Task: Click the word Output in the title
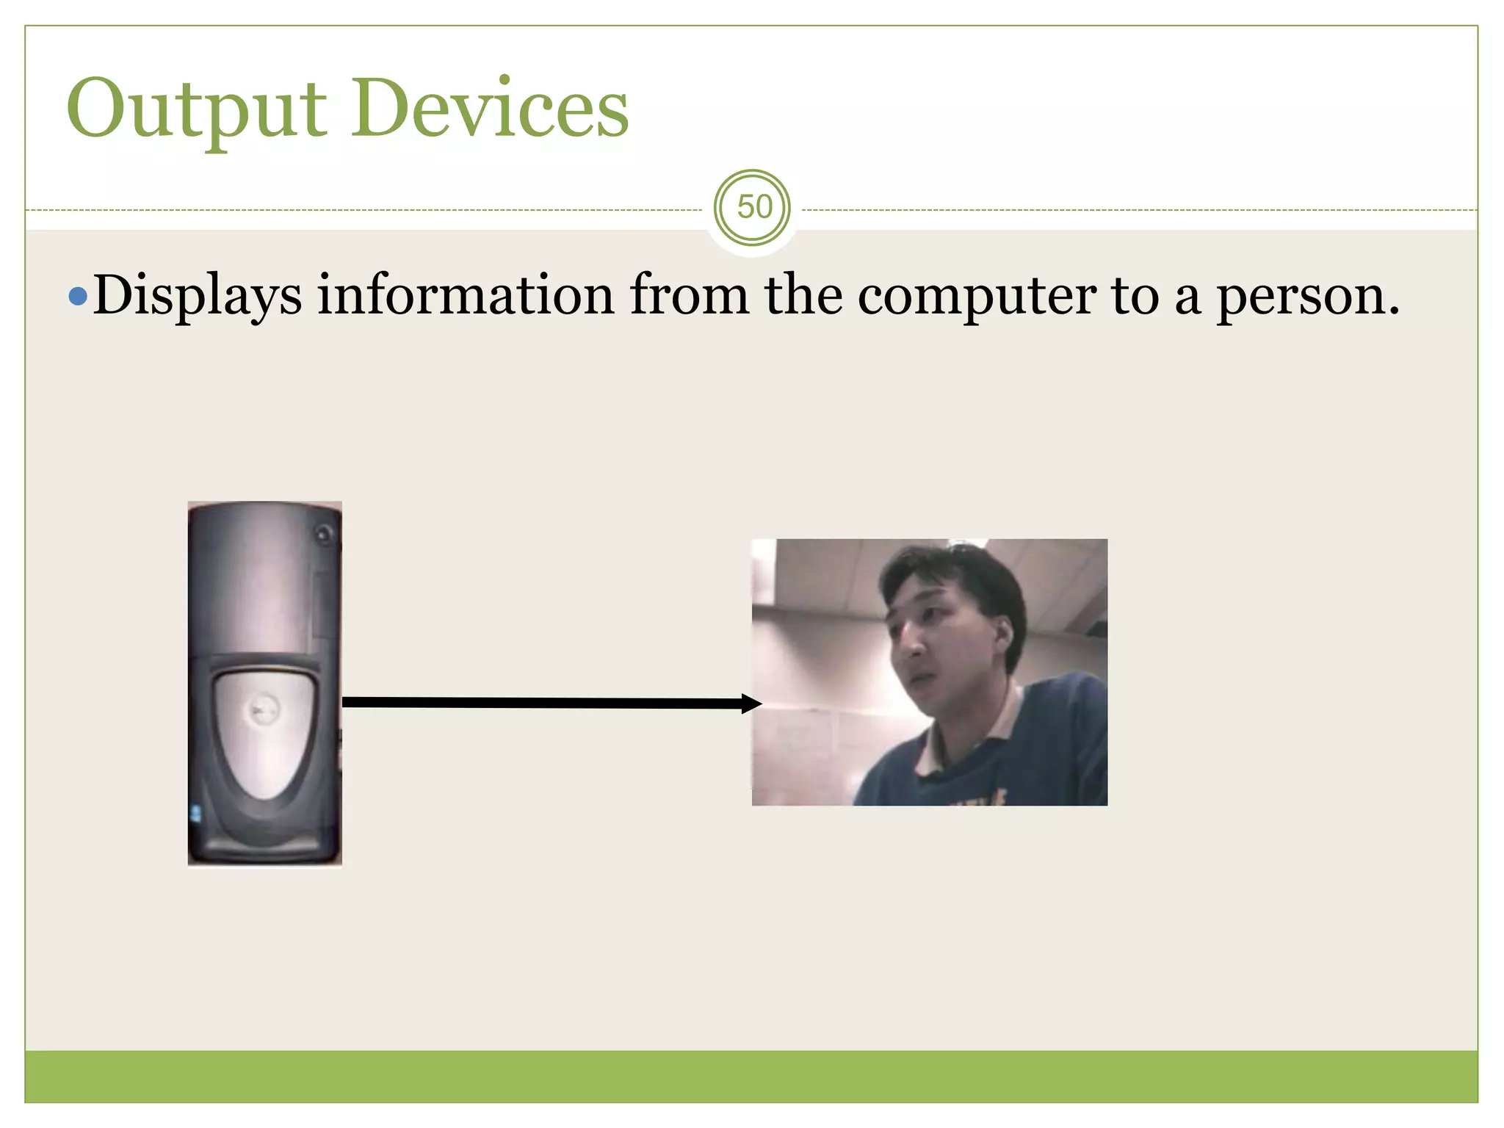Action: tap(196, 110)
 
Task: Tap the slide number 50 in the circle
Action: tap(753, 208)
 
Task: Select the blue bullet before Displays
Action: tap(78, 297)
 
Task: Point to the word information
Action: tap(466, 295)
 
